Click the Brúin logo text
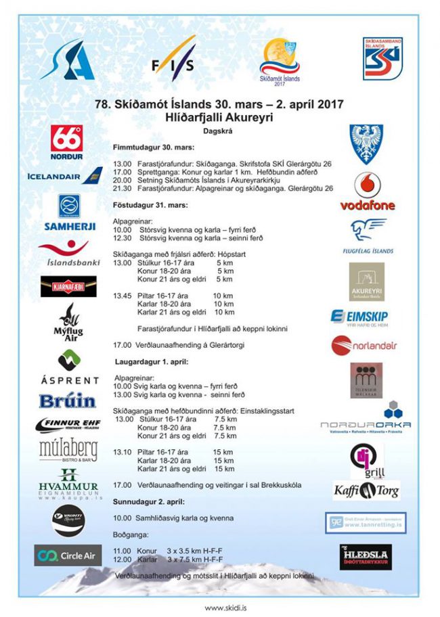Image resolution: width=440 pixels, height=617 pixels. [x=67, y=401]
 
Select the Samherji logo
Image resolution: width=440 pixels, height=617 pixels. [x=69, y=214]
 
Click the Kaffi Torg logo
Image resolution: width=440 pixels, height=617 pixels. [x=366, y=490]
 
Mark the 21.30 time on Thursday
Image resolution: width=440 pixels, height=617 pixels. [x=122, y=188]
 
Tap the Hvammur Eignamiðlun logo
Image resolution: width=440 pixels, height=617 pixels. [x=68, y=480]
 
